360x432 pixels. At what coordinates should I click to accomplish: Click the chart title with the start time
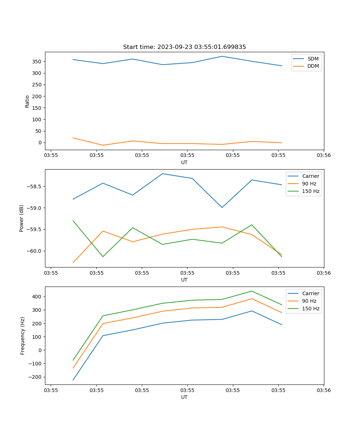click(x=184, y=47)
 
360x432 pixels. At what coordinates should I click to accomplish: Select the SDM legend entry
click(x=313, y=59)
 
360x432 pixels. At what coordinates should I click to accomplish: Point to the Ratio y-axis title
click(x=27, y=101)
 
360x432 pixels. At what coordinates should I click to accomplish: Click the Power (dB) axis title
click(x=22, y=218)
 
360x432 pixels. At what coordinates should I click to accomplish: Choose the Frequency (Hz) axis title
click(x=23, y=336)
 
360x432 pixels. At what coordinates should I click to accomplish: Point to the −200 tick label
click(x=36, y=377)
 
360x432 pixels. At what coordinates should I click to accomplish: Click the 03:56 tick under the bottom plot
click(x=323, y=390)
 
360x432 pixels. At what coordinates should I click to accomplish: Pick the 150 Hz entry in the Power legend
click(x=311, y=191)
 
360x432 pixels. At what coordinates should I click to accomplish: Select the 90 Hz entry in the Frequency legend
click(x=309, y=301)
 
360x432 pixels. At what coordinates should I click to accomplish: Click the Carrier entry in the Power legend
click(x=310, y=176)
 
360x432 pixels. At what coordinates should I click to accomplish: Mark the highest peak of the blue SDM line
click(x=222, y=56)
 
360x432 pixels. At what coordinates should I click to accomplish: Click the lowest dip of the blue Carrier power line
click(x=222, y=207)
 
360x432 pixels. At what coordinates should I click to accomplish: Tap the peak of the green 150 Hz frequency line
click(x=252, y=291)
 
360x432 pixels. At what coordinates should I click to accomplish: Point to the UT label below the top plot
click(x=184, y=162)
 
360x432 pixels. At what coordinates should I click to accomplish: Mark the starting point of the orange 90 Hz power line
click(x=73, y=262)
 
